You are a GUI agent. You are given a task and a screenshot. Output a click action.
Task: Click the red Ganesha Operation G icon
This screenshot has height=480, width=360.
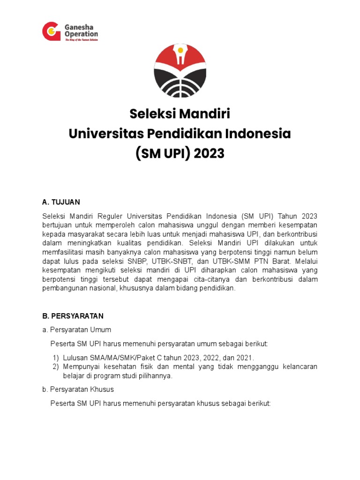(x=51, y=31)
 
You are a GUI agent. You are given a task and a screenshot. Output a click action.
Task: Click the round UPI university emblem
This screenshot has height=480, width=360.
(x=180, y=70)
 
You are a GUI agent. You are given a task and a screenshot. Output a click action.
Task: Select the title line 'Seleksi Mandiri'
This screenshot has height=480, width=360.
(x=180, y=114)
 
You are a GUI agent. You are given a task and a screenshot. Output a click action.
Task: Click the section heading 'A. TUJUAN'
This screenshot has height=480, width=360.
(x=61, y=202)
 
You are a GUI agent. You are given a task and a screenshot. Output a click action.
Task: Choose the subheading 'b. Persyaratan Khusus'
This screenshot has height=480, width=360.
(x=78, y=390)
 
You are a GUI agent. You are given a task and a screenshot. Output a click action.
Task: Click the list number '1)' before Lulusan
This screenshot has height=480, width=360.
(x=56, y=358)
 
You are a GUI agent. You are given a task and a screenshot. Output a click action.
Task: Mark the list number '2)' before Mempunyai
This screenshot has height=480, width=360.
(x=56, y=367)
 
